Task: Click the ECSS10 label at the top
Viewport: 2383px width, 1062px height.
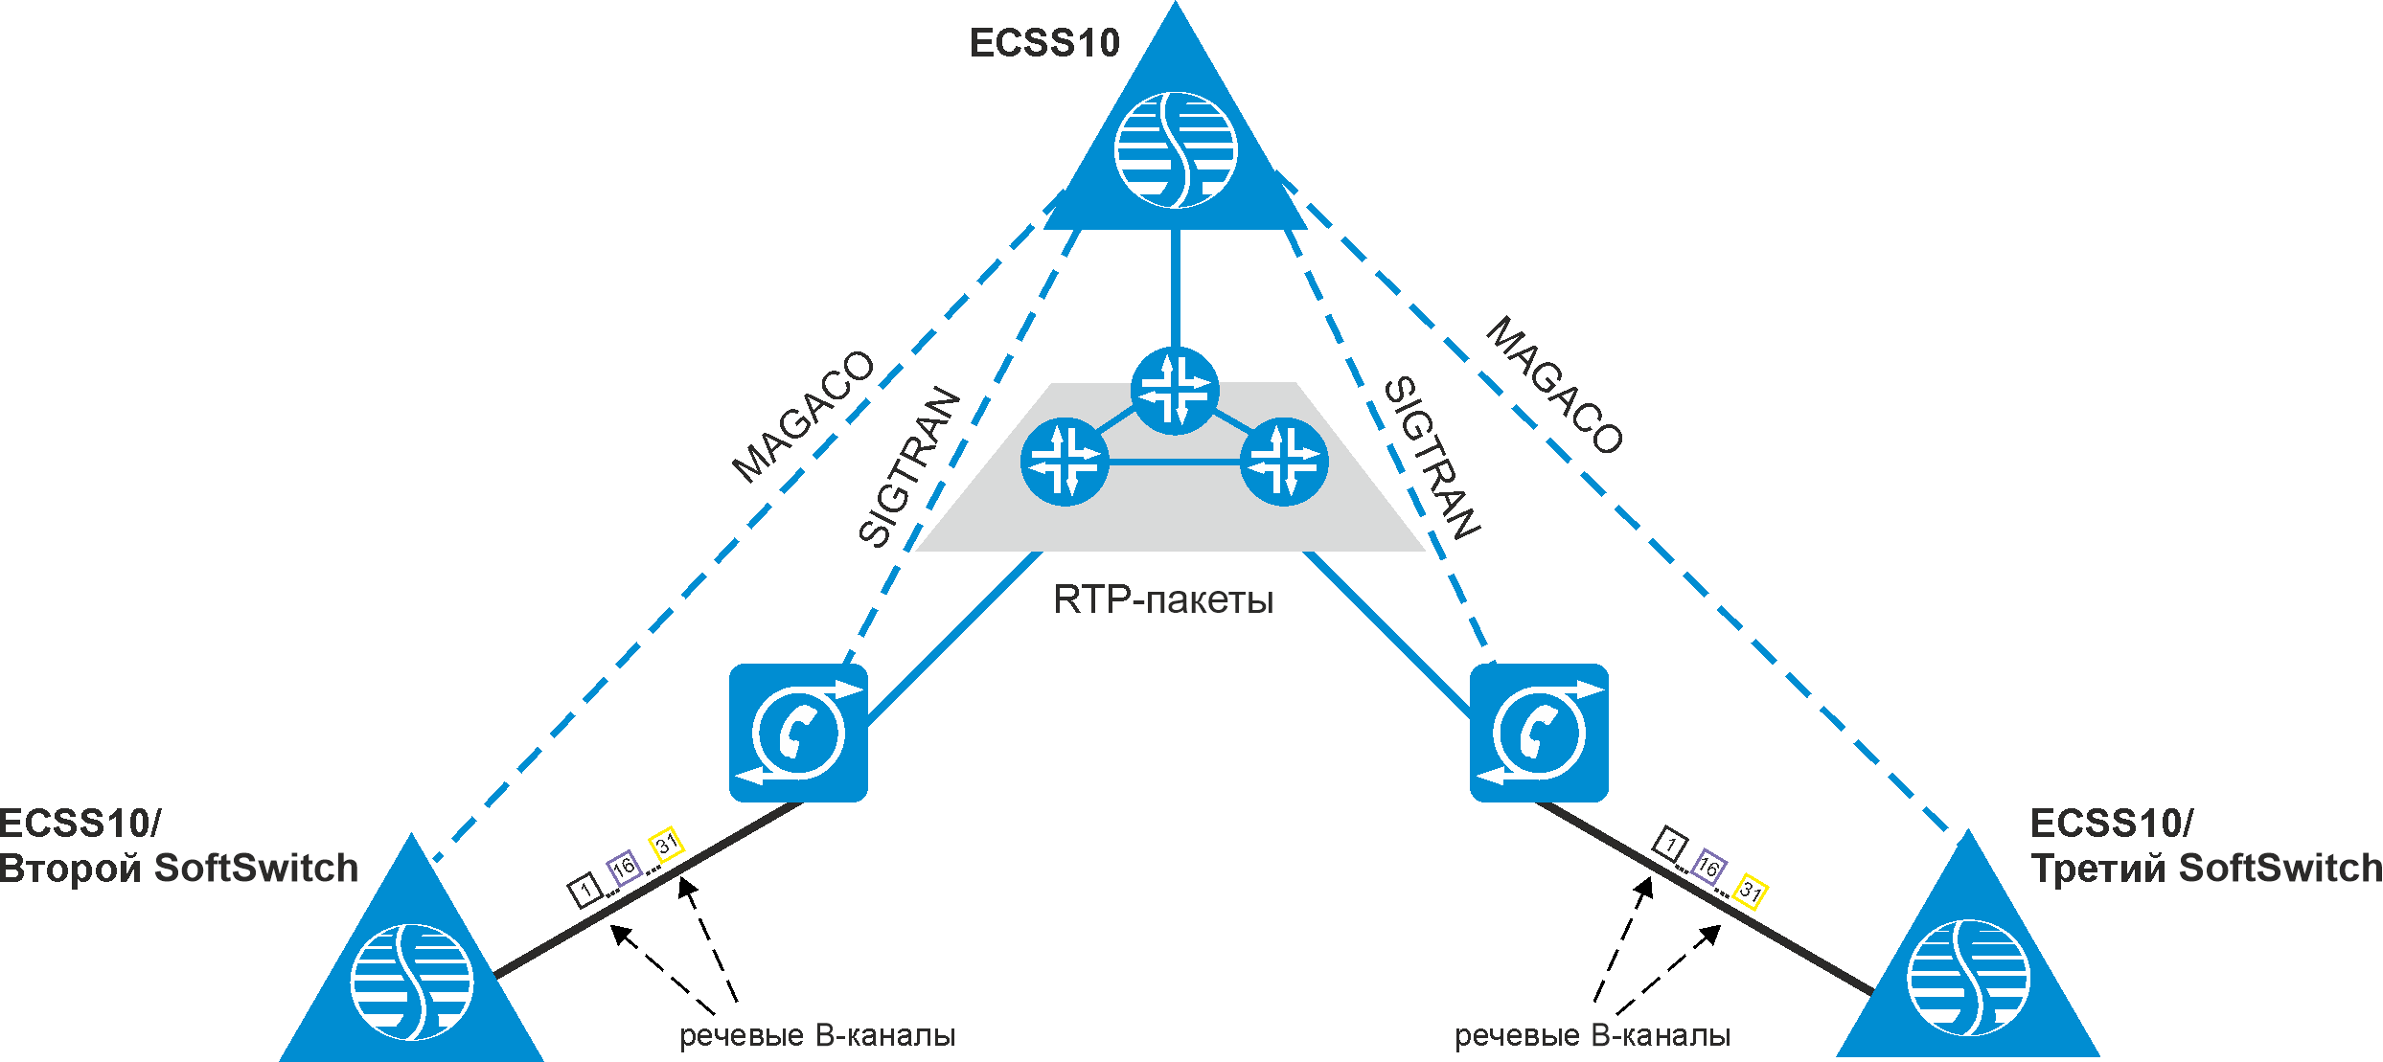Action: point(1044,43)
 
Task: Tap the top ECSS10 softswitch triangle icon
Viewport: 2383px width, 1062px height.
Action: point(1176,148)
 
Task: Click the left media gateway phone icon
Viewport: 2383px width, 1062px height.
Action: point(798,733)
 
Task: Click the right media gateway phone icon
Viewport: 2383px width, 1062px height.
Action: point(1539,733)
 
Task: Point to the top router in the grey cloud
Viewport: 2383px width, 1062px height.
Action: point(1175,391)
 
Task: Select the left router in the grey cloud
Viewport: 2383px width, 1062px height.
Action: point(1065,462)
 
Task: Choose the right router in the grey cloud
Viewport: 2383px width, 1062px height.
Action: point(1284,462)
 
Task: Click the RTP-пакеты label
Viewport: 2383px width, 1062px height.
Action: point(1163,600)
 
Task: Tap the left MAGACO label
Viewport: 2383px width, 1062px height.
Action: point(803,417)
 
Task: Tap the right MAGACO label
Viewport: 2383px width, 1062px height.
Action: point(1554,385)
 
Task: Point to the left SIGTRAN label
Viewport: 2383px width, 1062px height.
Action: point(908,466)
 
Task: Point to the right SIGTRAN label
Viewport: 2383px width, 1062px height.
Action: point(1432,458)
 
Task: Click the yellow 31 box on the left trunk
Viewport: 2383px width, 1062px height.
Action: point(666,844)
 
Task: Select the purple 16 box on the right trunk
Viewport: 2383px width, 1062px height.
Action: point(1708,867)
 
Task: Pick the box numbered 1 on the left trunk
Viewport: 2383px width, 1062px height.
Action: point(585,891)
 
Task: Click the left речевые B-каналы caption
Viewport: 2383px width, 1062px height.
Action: point(817,1036)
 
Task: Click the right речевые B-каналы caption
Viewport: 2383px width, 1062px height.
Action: point(1592,1036)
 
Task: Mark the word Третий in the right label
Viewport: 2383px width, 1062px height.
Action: point(2098,869)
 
